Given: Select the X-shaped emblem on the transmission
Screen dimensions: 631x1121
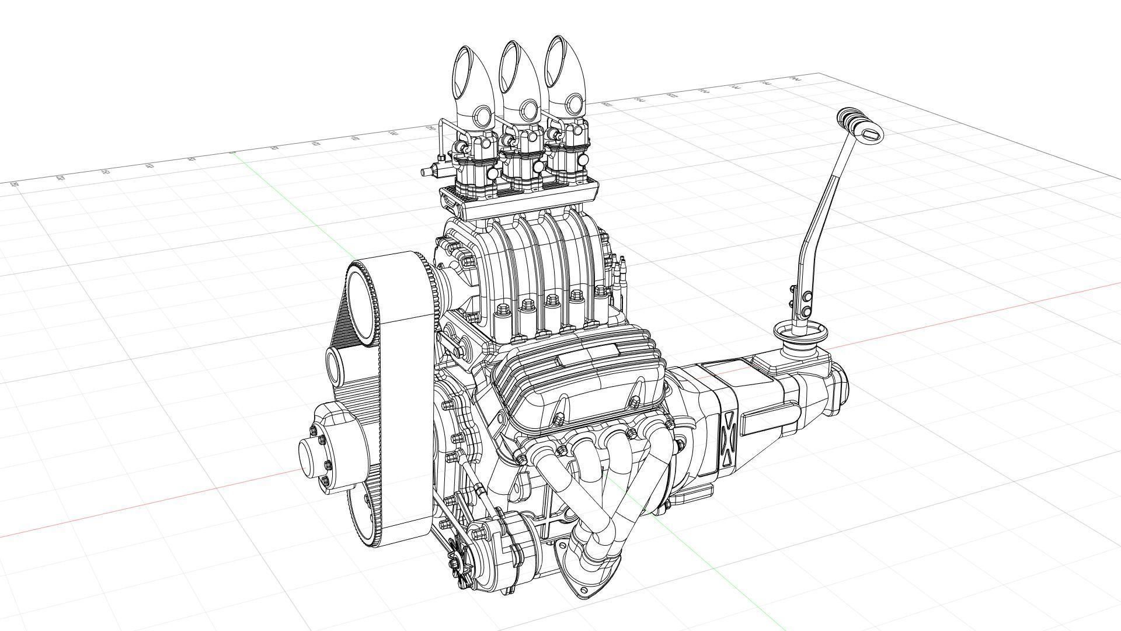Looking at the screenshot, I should pyautogui.click(x=728, y=439).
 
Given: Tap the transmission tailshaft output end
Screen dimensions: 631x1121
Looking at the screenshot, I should pyautogui.click(x=841, y=386).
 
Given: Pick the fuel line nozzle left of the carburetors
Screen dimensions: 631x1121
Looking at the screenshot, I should pyautogui.click(x=429, y=171).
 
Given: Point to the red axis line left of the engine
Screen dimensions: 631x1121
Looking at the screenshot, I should pyautogui.click(x=146, y=502).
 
